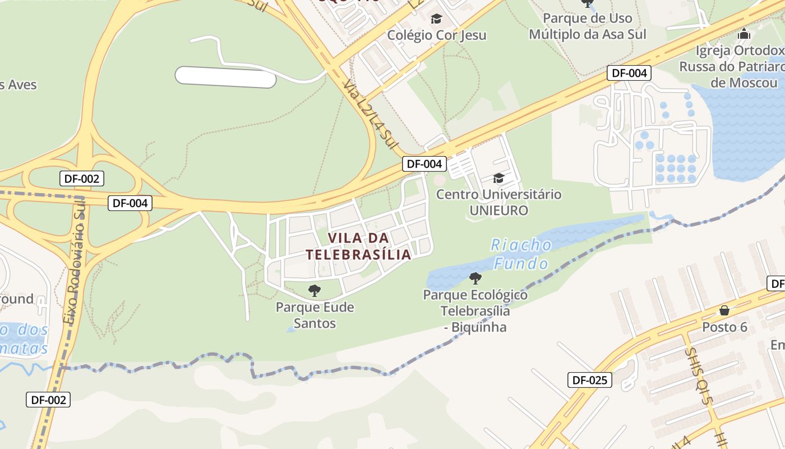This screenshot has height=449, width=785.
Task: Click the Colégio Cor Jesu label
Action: tap(437, 35)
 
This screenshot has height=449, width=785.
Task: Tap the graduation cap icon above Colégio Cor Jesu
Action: tap(436, 19)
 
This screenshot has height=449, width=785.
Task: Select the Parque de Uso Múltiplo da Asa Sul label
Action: tap(588, 26)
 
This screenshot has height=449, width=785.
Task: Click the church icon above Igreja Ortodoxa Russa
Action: tap(744, 34)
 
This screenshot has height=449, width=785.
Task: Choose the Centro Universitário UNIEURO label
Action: tap(498, 203)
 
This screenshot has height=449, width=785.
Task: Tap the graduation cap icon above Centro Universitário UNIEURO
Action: tap(498, 178)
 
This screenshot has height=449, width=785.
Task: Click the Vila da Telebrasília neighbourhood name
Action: tap(358, 246)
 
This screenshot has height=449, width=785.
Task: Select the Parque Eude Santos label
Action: tap(315, 315)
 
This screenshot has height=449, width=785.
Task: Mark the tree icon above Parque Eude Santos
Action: tap(315, 291)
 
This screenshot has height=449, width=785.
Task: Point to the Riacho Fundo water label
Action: tap(521, 254)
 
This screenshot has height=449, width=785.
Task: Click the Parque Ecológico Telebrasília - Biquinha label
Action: tap(475, 311)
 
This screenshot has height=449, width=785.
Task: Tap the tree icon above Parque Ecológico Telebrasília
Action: tap(475, 278)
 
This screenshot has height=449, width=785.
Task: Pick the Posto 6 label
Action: tap(724, 327)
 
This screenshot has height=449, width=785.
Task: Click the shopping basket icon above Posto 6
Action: tap(724, 310)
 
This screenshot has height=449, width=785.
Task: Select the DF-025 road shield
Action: tap(589, 380)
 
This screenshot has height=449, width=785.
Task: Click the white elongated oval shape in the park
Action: tap(225, 77)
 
